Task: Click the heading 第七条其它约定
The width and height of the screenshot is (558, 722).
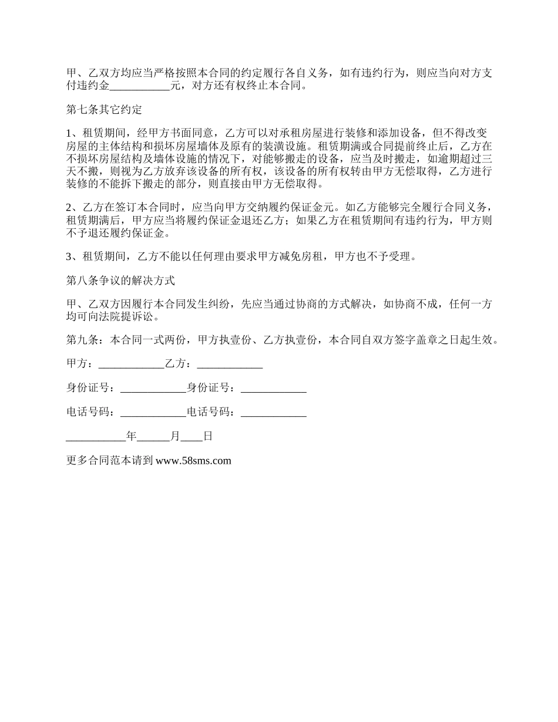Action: point(104,109)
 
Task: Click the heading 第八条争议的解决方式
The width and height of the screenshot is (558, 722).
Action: point(120,280)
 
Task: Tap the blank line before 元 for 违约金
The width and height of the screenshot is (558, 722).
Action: point(139,86)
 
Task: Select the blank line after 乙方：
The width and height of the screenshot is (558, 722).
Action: point(230,364)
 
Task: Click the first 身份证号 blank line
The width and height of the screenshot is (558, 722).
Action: point(153,388)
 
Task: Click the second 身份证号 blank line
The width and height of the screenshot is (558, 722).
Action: point(274,388)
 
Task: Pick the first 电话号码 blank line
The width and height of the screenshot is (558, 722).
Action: point(153,412)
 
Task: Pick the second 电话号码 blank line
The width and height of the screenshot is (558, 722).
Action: point(274,412)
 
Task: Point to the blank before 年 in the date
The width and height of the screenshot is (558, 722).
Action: point(96,436)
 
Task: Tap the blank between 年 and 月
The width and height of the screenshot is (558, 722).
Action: point(153,436)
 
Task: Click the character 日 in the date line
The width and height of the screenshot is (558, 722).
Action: point(207,436)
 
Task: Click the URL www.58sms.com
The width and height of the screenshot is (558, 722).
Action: point(194,461)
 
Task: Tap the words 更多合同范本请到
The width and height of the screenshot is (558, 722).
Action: point(110,461)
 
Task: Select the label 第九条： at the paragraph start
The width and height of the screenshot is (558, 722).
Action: point(88,340)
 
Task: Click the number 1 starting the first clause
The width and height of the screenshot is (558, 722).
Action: point(69,133)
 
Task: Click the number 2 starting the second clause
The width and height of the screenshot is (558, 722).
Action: point(69,207)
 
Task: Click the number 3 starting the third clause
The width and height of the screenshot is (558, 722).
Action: point(69,256)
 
